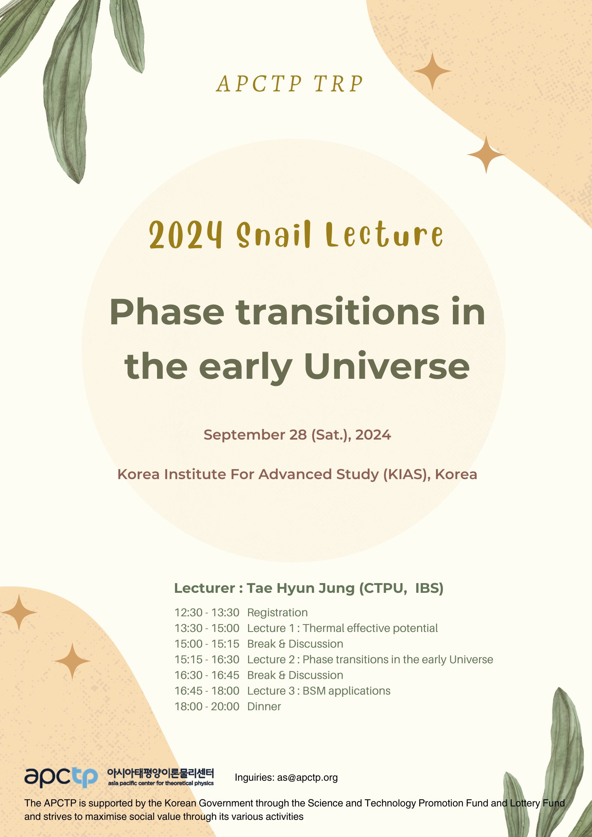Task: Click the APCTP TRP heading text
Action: (x=290, y=84)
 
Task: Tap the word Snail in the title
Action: (x=274, y=235)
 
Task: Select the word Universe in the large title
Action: (x=387, y=366)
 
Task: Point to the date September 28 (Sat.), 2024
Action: (x=297, y=435)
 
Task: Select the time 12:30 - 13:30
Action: (x=207, y=613)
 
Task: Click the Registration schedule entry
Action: (x=277, y=613)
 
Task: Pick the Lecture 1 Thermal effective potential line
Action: (x=342, y=628)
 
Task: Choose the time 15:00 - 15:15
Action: (x=207, y=644)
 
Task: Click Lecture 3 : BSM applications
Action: (x=319, y=691)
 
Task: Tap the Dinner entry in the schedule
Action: (x=264, y=707)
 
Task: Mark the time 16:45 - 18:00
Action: (x=207, y=691)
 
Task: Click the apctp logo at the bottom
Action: (x=61, y=777)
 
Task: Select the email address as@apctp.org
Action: (x=307, y=777)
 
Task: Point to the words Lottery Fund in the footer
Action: (x=537, y=803)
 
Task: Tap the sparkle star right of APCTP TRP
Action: (x=432, y=71)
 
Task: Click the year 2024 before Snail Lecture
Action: (x=186, y=235)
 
